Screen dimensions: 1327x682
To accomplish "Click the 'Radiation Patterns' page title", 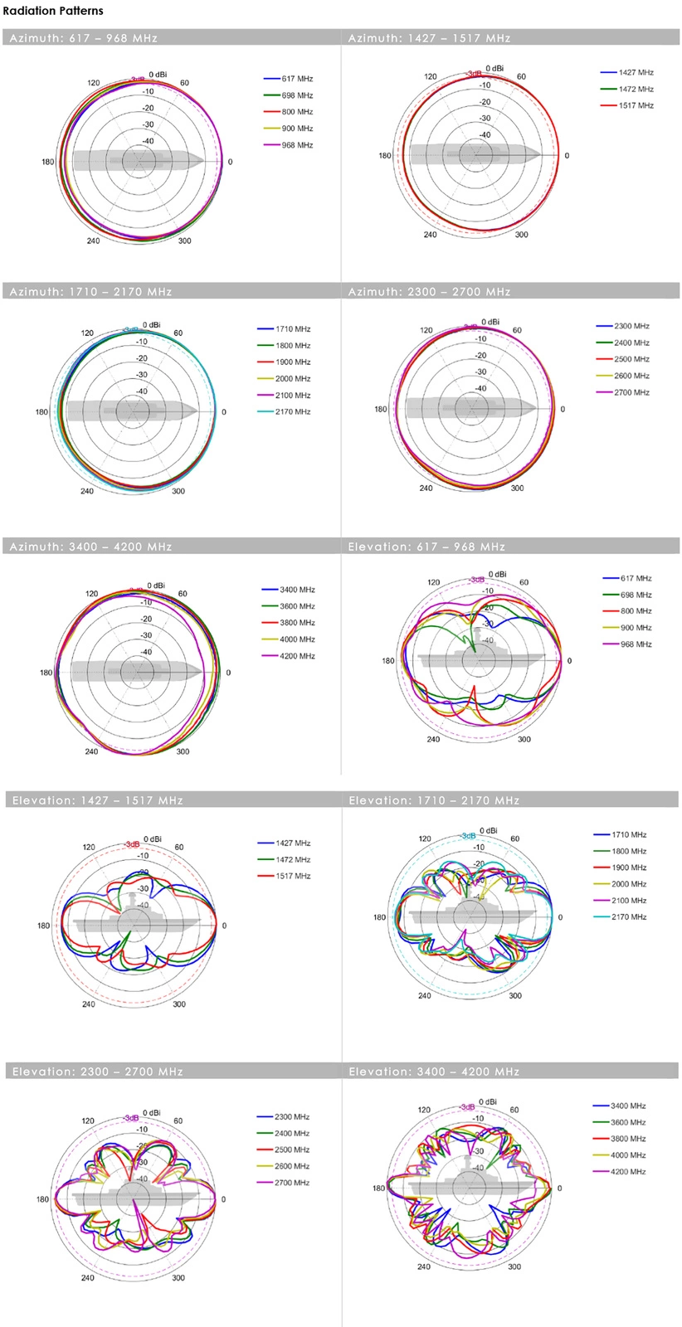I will pyautogui.click(x=53, y=11).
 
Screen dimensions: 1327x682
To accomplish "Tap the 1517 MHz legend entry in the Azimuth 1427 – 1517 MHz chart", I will pyautogui.click(x=636, y=106).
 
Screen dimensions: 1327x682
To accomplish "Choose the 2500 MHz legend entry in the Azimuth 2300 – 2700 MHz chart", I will pyautogui.click(x=631, y=360).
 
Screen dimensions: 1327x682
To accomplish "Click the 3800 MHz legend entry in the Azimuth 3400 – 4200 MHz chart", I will pyautogui.click(x=297, y=623).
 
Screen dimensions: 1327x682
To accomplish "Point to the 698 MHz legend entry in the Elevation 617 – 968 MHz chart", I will pyautogui.click(x=636, y=595).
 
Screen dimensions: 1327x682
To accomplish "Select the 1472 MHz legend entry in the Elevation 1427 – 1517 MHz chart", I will pyautogui.click(x=293, y=860).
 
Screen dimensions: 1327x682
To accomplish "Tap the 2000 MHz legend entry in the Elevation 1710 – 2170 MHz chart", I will pyautogui.click(x=629, y=884).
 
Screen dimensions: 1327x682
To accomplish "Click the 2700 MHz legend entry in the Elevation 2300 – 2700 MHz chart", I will pyautogui.click(x=291, y=1183).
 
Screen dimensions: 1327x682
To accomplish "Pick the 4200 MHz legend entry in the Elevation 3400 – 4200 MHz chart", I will pyautogui.click(x=628, y=1172).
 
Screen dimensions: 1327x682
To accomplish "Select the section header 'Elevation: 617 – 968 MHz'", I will pyautogui.click(x=426, y=547).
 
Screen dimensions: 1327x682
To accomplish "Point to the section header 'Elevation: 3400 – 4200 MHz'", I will pyautogui.click(x=434, y=1072).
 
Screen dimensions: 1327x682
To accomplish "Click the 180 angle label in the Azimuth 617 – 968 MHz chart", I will pyautogui.click(x=48, y=162).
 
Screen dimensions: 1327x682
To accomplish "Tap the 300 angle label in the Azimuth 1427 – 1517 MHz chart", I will pyautogui.click(x=521, y=235).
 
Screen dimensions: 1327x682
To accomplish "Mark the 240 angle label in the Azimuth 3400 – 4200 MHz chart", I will pyautogui.click(x=91, y=752).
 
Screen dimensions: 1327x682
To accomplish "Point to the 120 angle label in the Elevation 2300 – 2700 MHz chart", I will pyautogui.click(x=89, y=1120).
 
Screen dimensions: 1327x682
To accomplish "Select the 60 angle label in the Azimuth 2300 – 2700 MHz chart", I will pyautogui.click(x=517, y=330).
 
